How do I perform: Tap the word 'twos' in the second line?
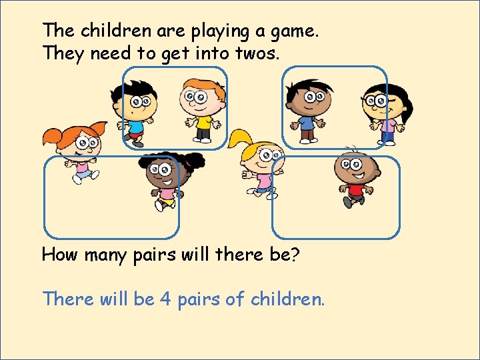[x=257, y=53]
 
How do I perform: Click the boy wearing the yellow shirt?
[x=201, y=110]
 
